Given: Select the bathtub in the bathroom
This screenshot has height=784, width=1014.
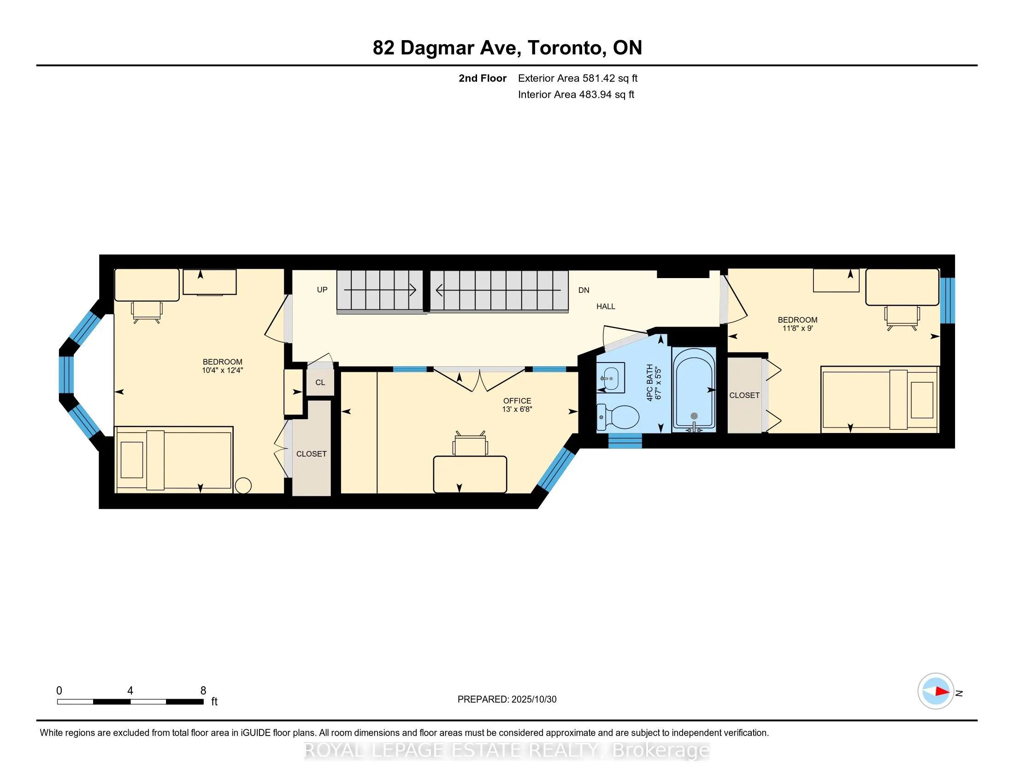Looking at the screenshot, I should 694,388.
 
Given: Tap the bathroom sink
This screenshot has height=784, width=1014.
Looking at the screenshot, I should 611,377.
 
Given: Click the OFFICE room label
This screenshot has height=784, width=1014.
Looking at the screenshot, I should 517,400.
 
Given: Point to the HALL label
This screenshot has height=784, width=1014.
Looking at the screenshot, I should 606,307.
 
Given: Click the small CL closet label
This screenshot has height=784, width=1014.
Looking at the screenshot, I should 320,383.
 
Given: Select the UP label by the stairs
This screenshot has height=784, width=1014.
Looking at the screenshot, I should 322,290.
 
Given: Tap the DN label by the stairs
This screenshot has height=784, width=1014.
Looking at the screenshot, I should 584,290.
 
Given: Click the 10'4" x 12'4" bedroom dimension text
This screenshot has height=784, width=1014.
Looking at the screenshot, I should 223,371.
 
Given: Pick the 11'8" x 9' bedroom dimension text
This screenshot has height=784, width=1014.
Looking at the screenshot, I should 797,328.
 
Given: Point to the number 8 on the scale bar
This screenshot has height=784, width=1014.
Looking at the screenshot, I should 203,691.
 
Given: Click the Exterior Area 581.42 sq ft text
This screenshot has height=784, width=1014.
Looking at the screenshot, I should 578,78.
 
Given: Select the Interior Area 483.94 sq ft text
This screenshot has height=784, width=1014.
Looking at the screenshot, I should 576,95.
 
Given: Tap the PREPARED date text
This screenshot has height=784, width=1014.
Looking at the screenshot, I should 507,700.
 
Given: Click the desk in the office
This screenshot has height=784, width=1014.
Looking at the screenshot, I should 469,474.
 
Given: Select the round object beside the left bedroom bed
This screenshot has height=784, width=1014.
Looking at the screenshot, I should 243,486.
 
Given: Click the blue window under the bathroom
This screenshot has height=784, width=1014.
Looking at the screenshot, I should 625,441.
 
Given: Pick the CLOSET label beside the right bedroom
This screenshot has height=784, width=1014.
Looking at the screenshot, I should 744,395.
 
